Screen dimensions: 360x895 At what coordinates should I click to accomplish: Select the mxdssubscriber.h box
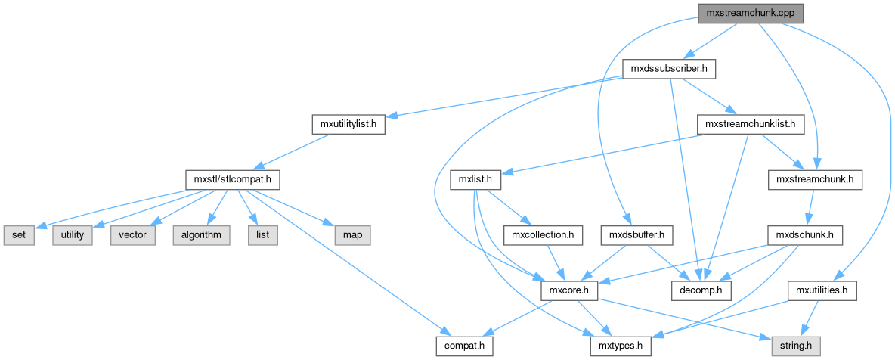(x=668, y=70)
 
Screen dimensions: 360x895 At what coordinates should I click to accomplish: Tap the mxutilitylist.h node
(x=348, y=124)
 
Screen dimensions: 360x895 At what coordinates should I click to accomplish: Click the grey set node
(x=19, y=235)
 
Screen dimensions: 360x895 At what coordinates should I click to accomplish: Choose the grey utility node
(x=73, y=235)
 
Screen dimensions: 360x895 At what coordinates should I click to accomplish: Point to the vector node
(x=133, y=235)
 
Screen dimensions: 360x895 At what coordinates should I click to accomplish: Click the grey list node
(x=262, y=235)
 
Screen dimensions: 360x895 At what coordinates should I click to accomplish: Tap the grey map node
(x=351, y=235)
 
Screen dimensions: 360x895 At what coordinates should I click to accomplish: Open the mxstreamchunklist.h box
(x=750, y=124)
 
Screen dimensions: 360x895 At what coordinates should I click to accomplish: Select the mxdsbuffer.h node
(x=636, y=235)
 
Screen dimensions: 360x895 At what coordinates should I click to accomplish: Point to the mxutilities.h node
(x=822, y=290)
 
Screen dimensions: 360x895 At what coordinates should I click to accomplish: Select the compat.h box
(x=464, y=346)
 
